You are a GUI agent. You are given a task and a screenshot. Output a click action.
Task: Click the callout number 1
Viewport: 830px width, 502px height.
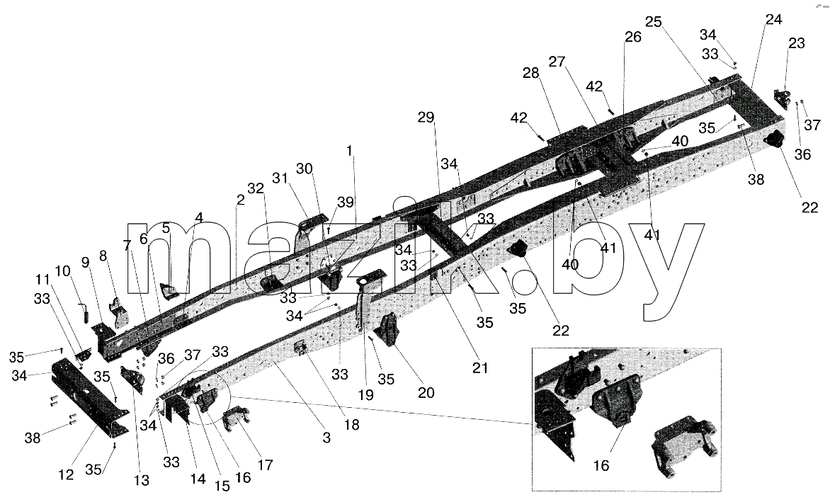[x=349, y=151]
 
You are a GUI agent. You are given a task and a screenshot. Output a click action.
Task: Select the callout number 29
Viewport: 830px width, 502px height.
[x=426, y=118]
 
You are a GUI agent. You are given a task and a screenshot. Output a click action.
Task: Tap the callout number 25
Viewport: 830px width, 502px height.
[x=654, y=22]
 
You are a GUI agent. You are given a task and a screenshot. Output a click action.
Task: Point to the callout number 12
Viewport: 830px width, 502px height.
[x=66, y=474]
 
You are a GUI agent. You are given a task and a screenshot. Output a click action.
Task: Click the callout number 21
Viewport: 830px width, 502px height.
[x=479, y=367]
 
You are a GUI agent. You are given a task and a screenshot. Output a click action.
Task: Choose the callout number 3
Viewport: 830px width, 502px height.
[x=326, y=438]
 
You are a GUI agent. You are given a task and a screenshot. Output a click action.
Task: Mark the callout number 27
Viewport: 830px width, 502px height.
[x=557, y=62]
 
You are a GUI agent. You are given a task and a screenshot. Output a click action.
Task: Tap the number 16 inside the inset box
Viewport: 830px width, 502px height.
[x=601, y=465]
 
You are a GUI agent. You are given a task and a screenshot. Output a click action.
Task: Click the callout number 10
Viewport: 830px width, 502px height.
[x=62, y=271]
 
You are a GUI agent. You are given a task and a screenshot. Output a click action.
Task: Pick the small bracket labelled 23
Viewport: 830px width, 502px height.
[x=781, y=97]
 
